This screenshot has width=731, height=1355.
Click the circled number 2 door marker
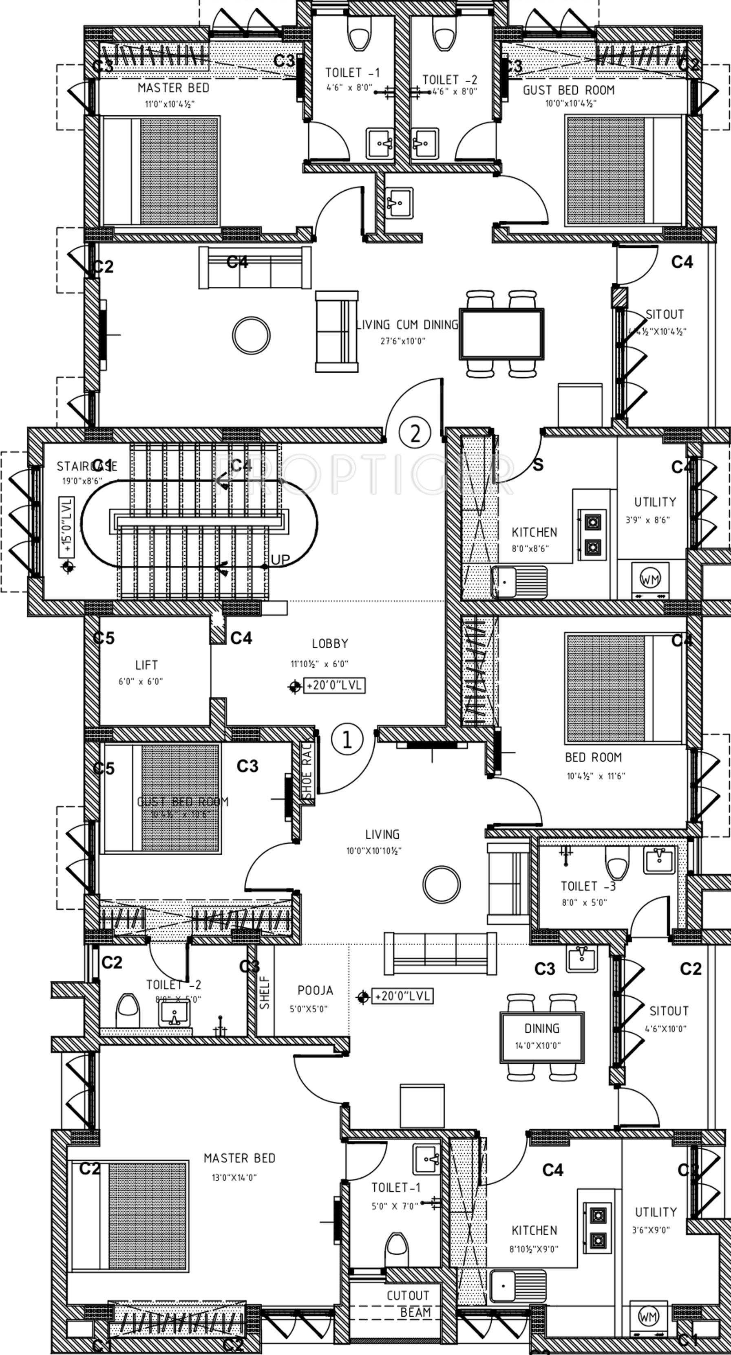[415, 433]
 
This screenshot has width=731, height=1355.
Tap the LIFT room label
[146, 665]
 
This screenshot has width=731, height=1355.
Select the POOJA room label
[315, 990]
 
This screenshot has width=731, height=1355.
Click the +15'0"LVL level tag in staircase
[67, 526]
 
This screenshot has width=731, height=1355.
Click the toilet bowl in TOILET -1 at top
[359, 37]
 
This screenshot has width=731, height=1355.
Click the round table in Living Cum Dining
[252, 335]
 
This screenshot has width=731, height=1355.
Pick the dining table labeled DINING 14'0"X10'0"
[541, 1037]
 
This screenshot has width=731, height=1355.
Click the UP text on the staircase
[280, 560]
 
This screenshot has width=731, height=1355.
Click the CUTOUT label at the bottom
[408, 1296]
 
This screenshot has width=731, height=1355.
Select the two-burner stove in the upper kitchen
[593, 535]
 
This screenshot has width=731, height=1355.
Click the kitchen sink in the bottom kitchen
[518, 1285]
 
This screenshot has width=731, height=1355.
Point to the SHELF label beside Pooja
[265, 992]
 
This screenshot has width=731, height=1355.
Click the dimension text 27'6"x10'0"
[403, 341]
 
